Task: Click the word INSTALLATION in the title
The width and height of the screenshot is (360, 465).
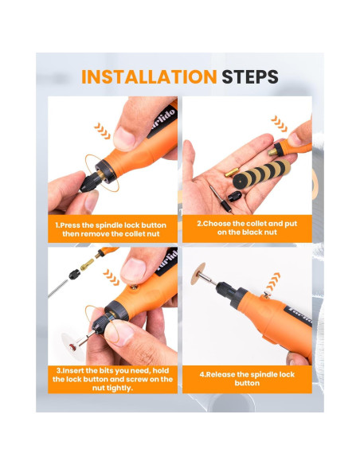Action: click(149, 77)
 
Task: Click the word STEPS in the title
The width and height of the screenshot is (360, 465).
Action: click(250, 77)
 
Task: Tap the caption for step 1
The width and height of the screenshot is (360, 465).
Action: click(112, 230)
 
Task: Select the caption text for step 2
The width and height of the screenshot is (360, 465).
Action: click(246, 229)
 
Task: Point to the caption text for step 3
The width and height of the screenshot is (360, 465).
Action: click(112, 375)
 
